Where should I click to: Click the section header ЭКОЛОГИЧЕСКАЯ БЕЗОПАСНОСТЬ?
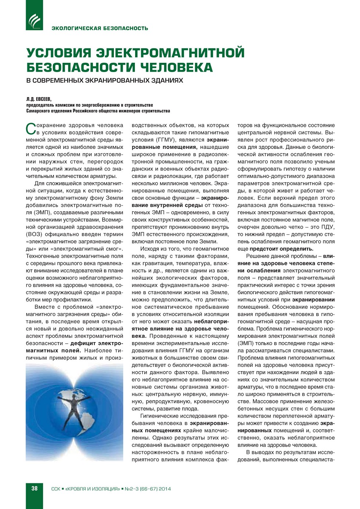[100, 28]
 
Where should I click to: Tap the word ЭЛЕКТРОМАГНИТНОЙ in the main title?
[170, 53]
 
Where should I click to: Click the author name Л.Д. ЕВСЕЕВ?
[39, 99]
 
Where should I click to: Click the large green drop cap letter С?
[31, 129]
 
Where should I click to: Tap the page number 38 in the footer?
[35, 488]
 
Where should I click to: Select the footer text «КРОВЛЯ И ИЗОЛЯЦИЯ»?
[92, 489]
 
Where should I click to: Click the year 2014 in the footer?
[165, 489]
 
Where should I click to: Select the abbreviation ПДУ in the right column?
[328, 227]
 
